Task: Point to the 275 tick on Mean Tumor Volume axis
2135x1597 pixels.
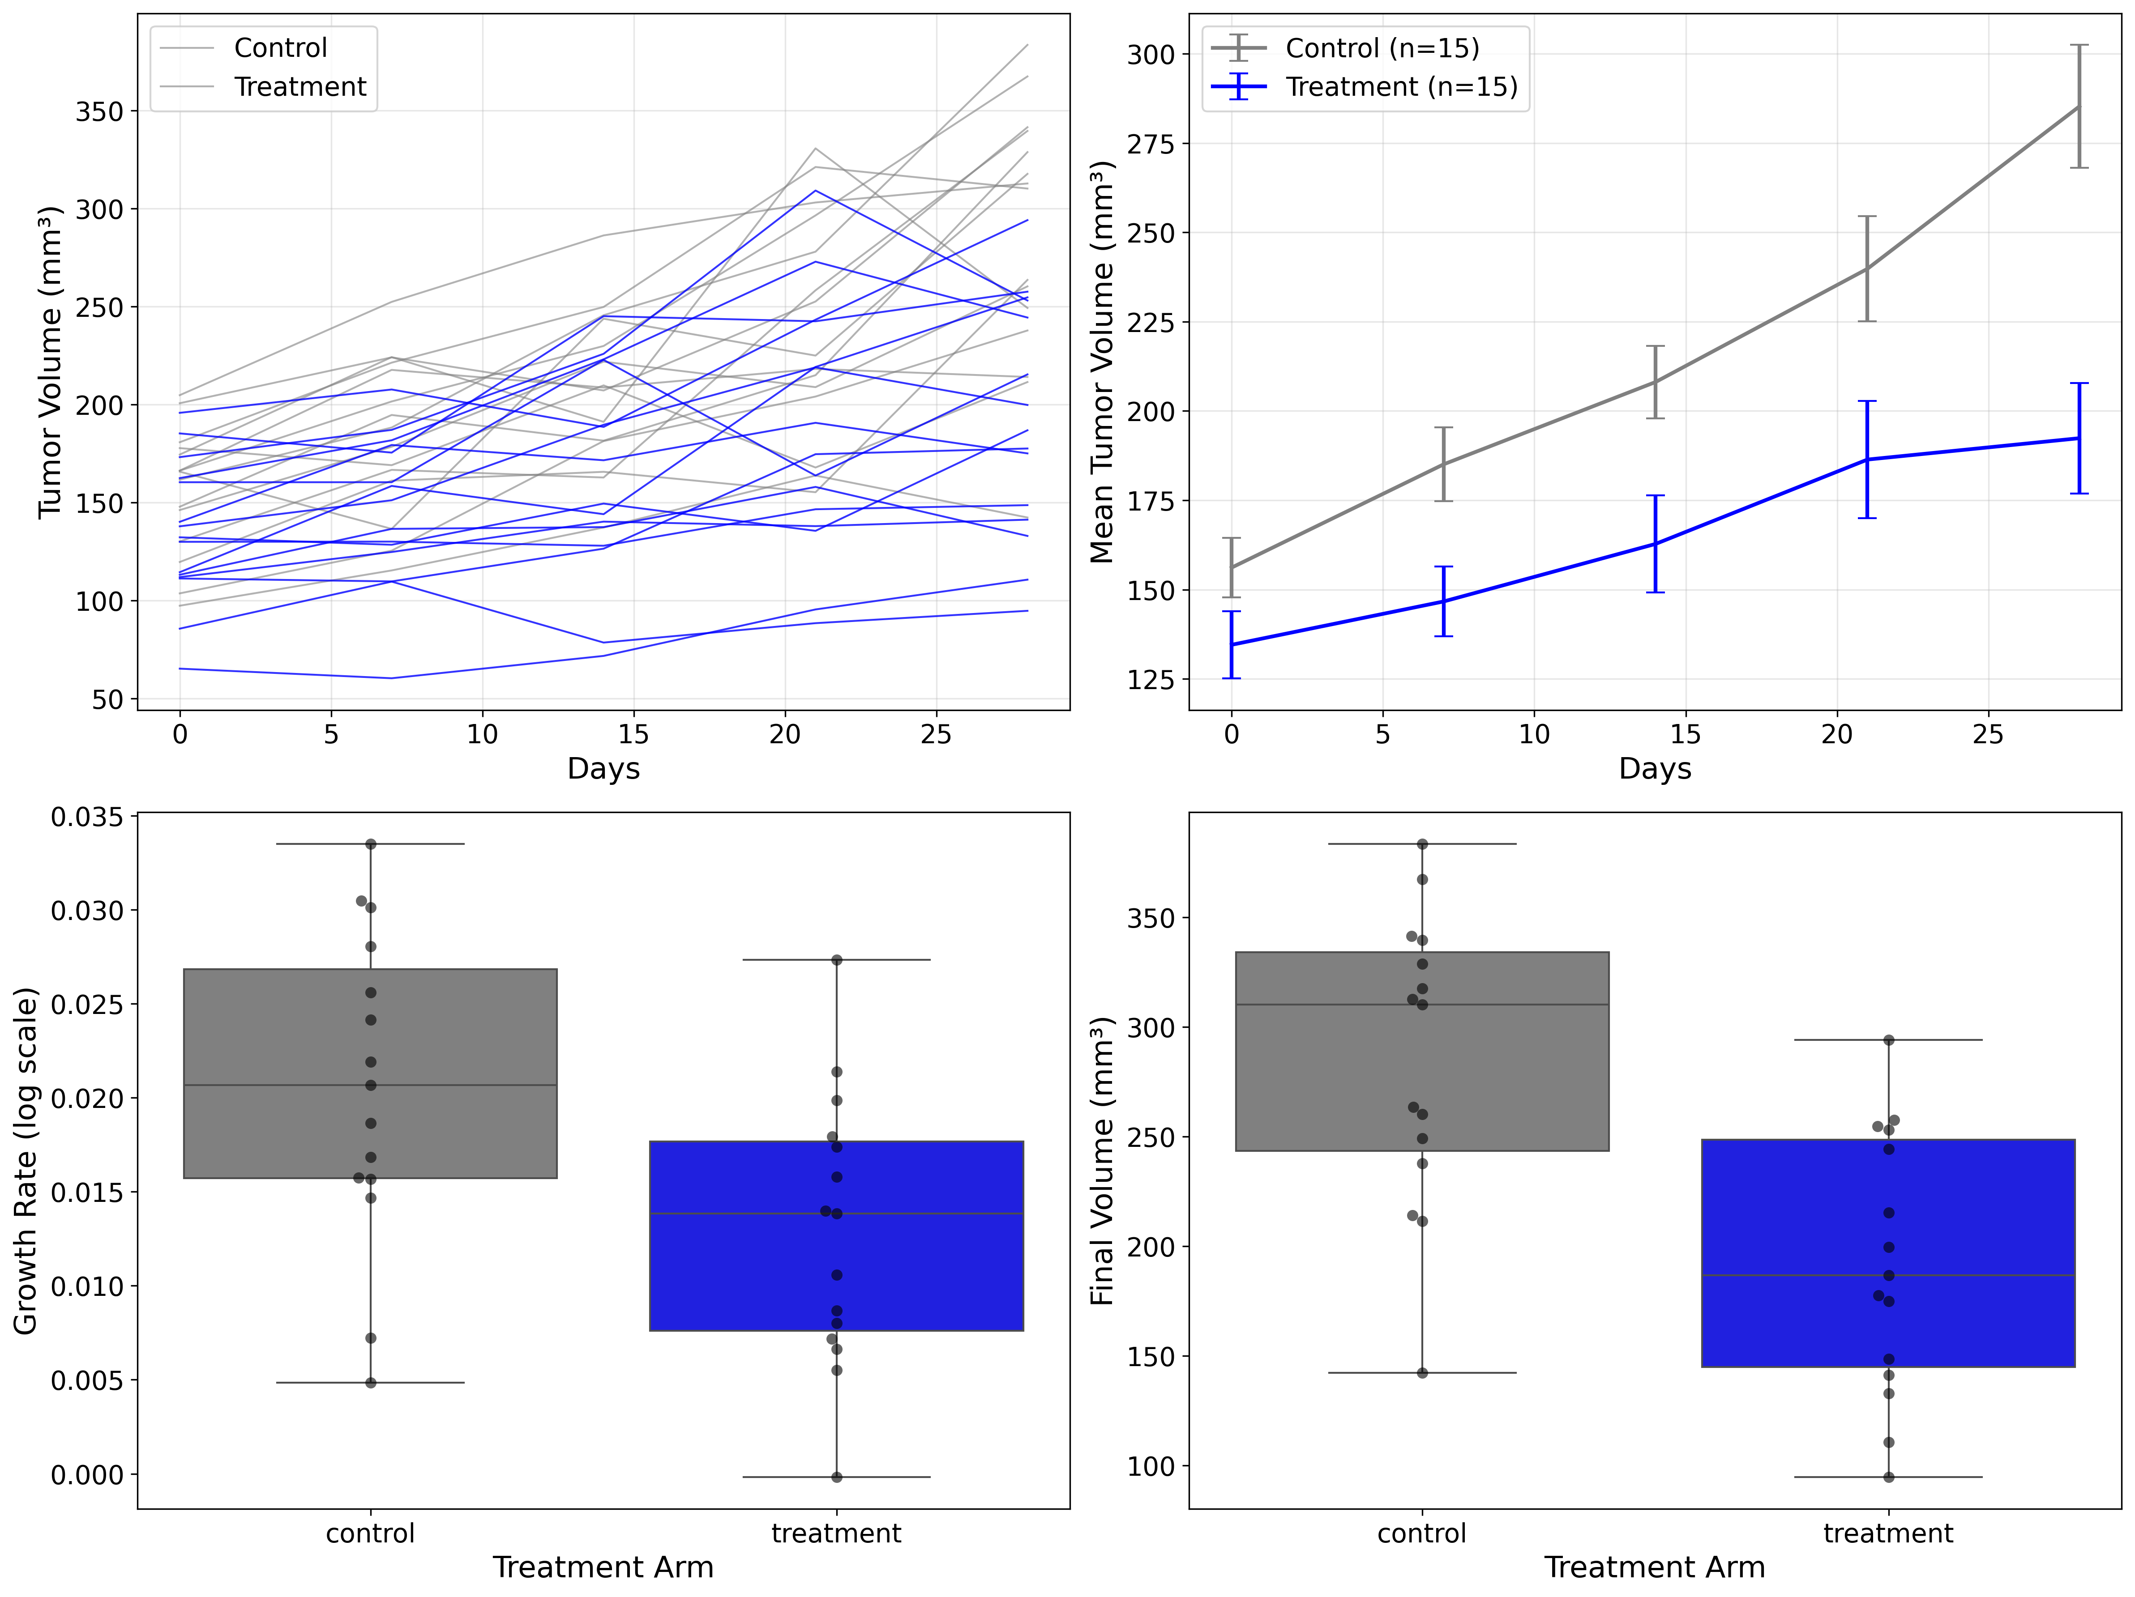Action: [x=1151, y=144]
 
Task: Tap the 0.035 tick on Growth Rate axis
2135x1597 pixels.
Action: [x=87, y=818]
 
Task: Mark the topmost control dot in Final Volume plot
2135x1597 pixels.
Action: [x=1422, y=844]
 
